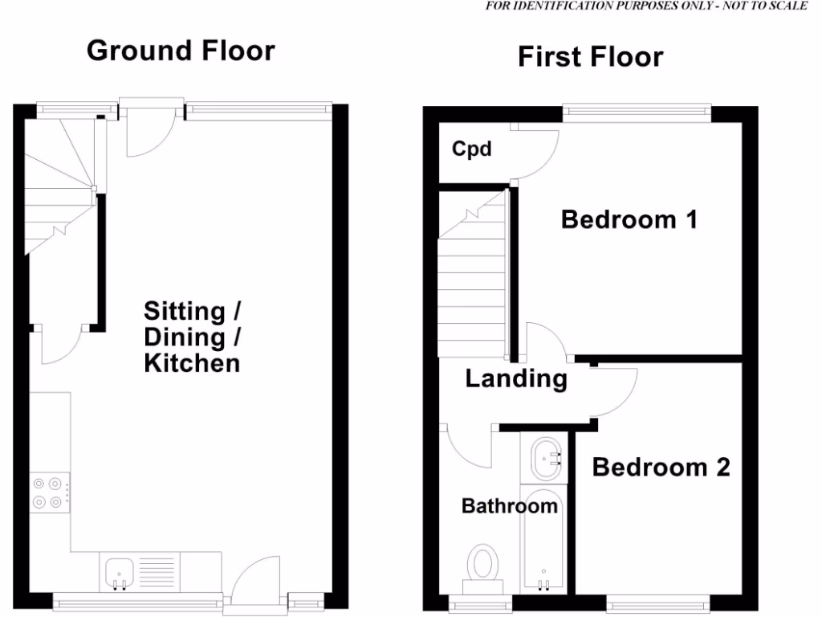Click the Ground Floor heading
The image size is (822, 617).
[x=181, y=51]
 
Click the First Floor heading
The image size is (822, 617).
[x=590, y=57]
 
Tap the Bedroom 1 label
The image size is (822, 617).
[x=629, y=219]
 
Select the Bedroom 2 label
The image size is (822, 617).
[x=661, y=467]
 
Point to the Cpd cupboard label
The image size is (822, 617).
[x=471, y=149]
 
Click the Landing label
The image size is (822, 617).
[x=516, y=378]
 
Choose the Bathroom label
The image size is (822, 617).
[x=509, y=506]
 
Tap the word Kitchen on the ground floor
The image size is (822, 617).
[x=192, y=363]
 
